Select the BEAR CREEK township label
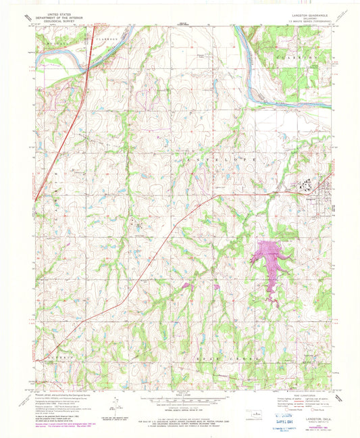tap(203, 352)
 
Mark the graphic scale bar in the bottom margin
tap(179, 401)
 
